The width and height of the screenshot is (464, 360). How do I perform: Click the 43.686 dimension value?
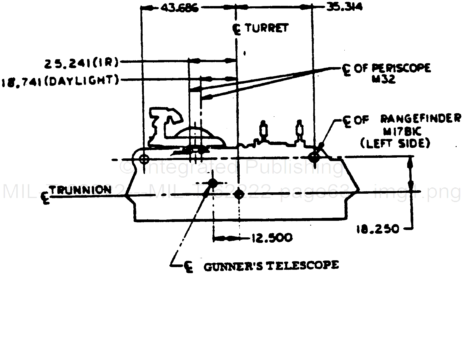(x=179, y=8)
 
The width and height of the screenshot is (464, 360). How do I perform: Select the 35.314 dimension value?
(x=344, y=7)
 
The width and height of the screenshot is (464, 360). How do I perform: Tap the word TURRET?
(x=267, y=28)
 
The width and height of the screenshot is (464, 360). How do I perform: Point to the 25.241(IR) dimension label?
(x=81, y=63)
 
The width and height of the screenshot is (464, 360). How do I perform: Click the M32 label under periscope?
(x=383, y=79)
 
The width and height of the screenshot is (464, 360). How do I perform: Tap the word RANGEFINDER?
(x=421, y=119)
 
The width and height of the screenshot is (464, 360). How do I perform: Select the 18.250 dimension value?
(x=377, y=229)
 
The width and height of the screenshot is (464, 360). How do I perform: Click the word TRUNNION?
(x=81, y=190)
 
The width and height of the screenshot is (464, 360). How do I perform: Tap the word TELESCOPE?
(x=303, y=265)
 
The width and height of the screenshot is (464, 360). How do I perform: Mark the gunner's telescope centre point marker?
(x=213, y=183)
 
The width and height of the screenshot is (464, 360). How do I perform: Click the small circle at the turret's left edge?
(x=144, y=159)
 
